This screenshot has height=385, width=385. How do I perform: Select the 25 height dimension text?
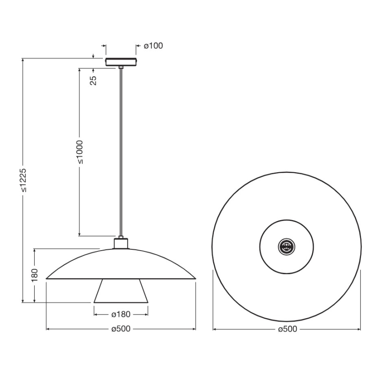94,80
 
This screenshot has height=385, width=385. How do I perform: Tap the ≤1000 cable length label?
79,152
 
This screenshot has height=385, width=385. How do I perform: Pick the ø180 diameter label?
121,314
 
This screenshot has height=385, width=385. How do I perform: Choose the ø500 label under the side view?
121,329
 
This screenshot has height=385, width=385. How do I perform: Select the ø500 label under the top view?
287,329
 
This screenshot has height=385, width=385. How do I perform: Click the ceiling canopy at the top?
121,61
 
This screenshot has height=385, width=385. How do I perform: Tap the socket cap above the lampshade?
121,243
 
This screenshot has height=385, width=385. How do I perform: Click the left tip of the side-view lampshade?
47,279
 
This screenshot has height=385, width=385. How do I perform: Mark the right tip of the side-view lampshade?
195,279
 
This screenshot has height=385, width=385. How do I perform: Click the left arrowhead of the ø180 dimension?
95,314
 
